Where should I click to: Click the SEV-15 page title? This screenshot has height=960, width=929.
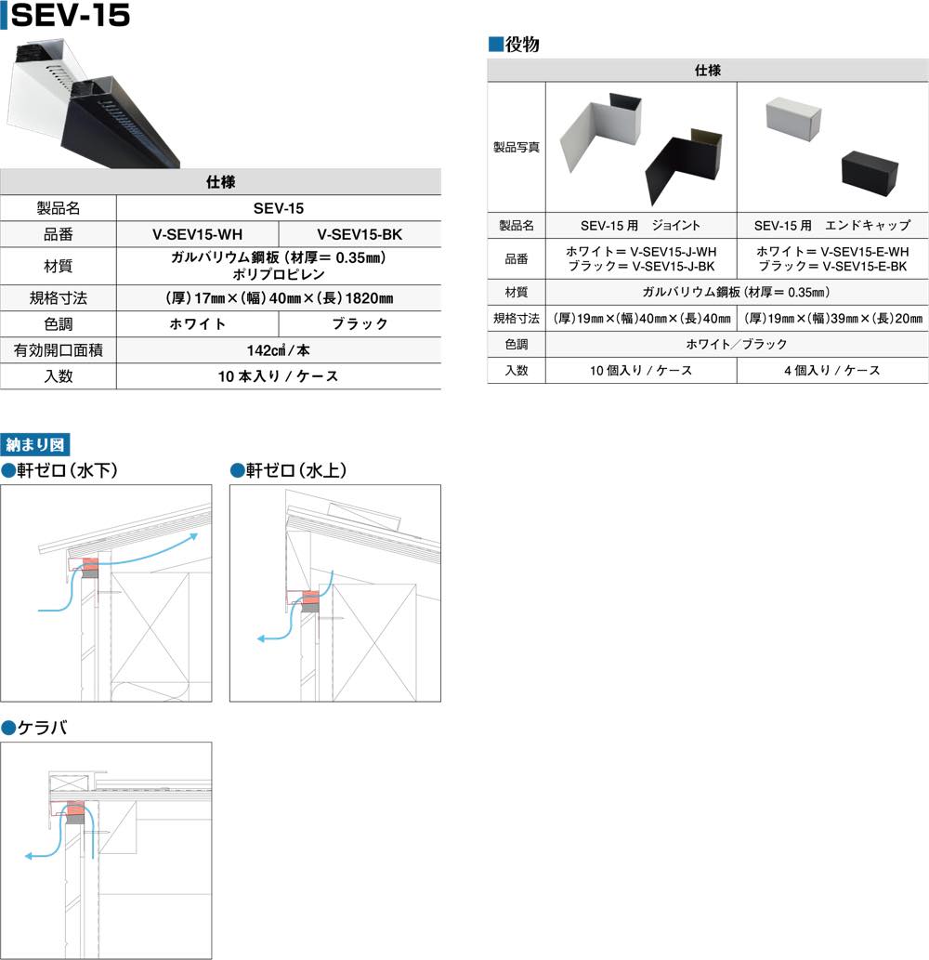coord(71,15)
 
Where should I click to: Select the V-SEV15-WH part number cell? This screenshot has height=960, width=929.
coord(197,234)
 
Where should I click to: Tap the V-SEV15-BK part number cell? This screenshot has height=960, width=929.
coord(360,234)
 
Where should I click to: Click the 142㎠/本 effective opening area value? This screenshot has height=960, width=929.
coord(279,350)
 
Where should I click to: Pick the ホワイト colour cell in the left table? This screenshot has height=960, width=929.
coord(197,324)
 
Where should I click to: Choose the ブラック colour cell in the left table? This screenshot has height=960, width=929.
coord(360,324)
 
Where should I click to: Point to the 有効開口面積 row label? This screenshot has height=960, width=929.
coord(59,350)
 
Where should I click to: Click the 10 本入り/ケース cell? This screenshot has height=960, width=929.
coord(279,376)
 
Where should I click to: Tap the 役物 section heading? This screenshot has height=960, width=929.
coord(514,44)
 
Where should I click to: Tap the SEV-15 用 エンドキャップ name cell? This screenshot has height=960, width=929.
coord(832,225)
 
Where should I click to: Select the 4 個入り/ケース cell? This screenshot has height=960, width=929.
coord(832,371)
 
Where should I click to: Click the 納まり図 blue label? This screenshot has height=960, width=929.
coord(35,444)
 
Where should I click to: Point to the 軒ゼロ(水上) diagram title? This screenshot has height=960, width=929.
coord(289,470)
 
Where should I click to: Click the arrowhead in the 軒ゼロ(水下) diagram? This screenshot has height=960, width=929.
coord(193,536)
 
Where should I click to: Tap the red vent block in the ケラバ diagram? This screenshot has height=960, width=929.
coord(75,811)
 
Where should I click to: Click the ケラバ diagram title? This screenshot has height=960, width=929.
coord(35,728)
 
